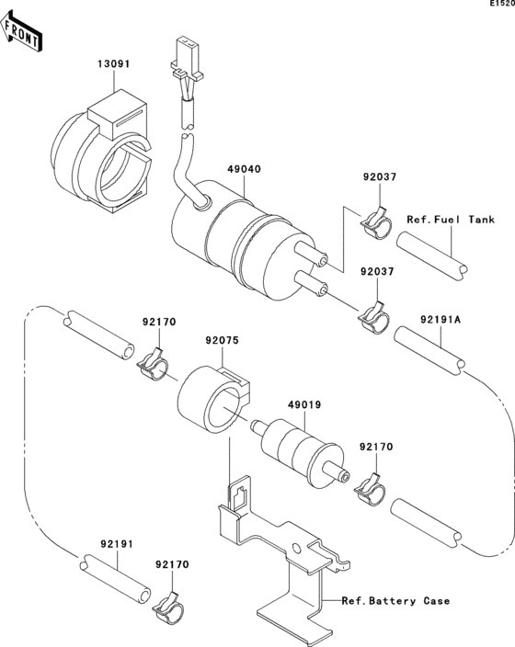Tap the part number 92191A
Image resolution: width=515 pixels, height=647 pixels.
(441, 319)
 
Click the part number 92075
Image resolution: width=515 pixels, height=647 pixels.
(221, 339)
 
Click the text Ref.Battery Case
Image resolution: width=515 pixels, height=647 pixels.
(395, 602)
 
